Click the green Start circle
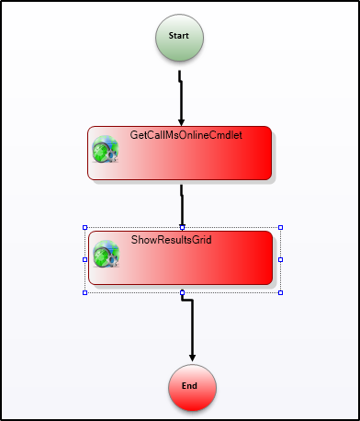(179, 37)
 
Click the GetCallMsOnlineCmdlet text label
(178, 136)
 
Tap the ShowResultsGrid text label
(170, 241)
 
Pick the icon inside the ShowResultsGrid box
(107, 255)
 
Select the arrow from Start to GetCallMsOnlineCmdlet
(181, 97)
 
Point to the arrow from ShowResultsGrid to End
(192, 326)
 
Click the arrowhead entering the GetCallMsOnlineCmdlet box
(182, 120)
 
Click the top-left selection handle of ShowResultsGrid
(85, 227)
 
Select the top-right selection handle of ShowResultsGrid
(280, 227)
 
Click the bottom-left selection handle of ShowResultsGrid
(85, 292)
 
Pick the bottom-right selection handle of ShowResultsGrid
(280, 292)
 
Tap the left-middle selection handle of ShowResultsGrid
(85, 259)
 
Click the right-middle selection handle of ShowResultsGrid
(280, 259)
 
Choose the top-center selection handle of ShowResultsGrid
(183, 226)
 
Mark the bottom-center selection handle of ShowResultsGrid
(183, 292)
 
